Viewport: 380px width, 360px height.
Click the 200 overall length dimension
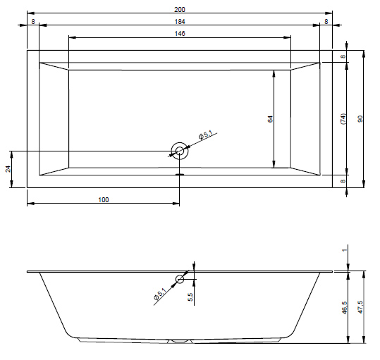pos(180,9)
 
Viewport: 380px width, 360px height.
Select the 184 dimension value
pos(180,22)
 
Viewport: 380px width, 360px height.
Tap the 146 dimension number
pos(180,33)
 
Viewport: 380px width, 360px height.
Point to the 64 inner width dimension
pos(270,119)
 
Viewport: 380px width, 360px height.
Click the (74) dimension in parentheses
pos(343,119)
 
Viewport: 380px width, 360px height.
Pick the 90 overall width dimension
pos(360,119)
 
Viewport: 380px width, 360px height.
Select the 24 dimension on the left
pos(8,169)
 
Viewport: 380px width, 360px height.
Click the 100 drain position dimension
pos(104,200)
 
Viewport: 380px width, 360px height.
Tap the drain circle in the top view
pos(180,151)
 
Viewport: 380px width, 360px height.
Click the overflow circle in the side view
pos(180,279)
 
